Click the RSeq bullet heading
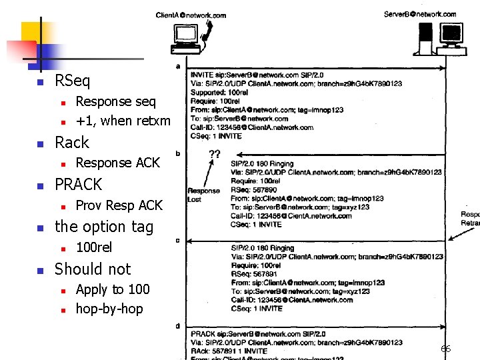coord(72,81)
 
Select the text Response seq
coord(115,101)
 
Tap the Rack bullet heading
coord(71,143)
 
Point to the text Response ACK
coord(118,163)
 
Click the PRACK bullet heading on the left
coord(78,184)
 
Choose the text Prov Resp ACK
coord(119,205)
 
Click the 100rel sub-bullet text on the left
coord(94,247)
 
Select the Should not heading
coord(93,269)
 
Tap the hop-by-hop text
coord(109,309)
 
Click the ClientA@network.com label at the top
coord(191,15)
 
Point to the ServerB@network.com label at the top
coord(420,14)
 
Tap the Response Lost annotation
coord(203,194)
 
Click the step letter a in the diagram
coord(177,67)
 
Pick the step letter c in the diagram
coord(177,240)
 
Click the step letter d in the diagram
coord(177,325)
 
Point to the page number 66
coord(445,349)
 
